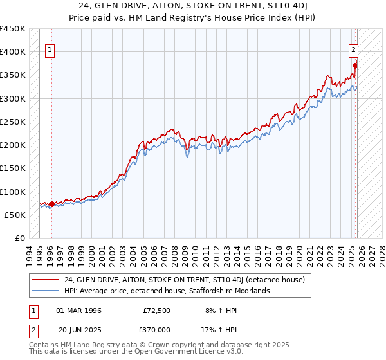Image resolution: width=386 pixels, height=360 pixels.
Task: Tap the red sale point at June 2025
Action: pos(355,66)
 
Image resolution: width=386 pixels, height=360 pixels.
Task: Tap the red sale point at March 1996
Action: pos(51,204)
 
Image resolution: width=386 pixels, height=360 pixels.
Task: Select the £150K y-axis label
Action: pos(13,168)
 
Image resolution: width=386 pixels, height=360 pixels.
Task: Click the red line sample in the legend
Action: pos(45,280)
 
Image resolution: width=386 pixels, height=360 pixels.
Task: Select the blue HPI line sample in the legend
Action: pos(45,291)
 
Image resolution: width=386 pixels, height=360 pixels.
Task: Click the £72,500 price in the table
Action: pos(157,310)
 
